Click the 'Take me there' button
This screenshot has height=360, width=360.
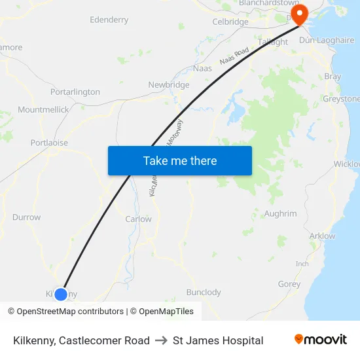pyautogui.click(x=179, y=160)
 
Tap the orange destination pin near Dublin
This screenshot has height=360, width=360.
pyautogui.click(x=299, y=14)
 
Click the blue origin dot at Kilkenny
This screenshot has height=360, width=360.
pyautogui.click(x=60, y=294)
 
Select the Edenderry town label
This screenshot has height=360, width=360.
pyautogui.click(x=109, y=20)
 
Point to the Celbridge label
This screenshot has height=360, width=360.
pyautogui.click(x=230, y=22)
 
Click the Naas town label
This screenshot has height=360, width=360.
pyautogui.click(x=202, y=68)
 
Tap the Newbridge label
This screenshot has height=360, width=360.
pyautogui.click(x=168, y=85)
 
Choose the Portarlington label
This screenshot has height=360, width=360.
pyautogui.click(x=75, y=92)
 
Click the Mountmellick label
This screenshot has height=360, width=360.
pyautogui.click(x=43, y=109)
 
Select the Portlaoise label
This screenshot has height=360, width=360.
pyautogui.click(x=49, y=143)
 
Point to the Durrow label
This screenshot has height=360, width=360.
pyautogui.click(x=26, y=217)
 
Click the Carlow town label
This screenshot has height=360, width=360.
pyautogui.click(x=138, y=219)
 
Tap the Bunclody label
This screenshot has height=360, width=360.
pyautogui.click(x=204, y=293)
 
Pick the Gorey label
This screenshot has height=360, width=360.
pyautogui.click(x=289, y=284)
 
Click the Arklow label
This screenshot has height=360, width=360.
pyautogui.click(x=322, y=236)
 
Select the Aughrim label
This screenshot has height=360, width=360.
pyautogui.click(x=280, y=213)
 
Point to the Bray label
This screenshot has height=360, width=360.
pyautogui.click(x=333, y=77)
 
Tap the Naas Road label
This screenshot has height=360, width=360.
pyautogui.click(x=234, y=56)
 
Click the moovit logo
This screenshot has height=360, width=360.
pyautogui.click(x=321, y=340)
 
